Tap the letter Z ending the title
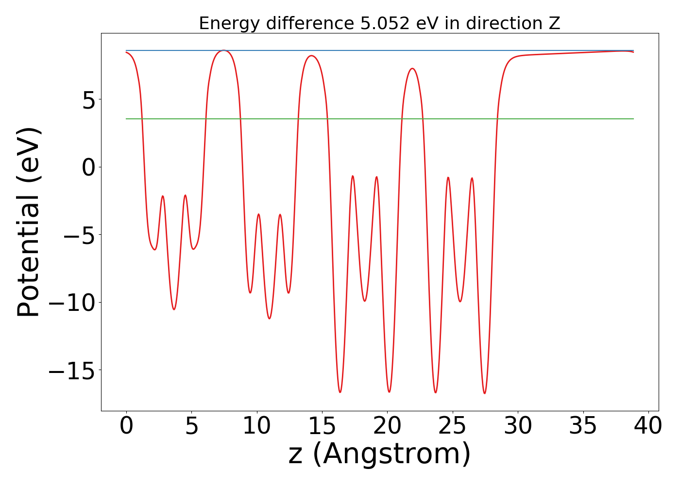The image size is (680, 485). pos(555,23)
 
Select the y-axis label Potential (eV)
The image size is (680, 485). pos(28,222)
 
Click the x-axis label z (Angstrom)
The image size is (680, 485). pos(379,454)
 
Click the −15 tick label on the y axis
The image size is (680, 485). pos(70,371)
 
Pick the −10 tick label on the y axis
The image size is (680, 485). pos(70,303)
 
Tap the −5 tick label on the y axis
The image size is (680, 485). pos(78,235)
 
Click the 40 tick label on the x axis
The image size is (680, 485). pos(648,426)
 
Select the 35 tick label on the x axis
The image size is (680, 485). pos(583,426)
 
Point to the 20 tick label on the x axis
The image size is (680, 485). pos(387,426)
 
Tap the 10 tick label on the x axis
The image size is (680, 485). pos(256,426)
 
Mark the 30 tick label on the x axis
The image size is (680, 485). pos(518,426)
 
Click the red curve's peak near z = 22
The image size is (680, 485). pos(412,68)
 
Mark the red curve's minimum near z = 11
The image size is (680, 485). pos(270,319)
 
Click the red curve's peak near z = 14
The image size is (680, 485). pos(311,56)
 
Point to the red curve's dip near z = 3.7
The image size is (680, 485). pos(174,309)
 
